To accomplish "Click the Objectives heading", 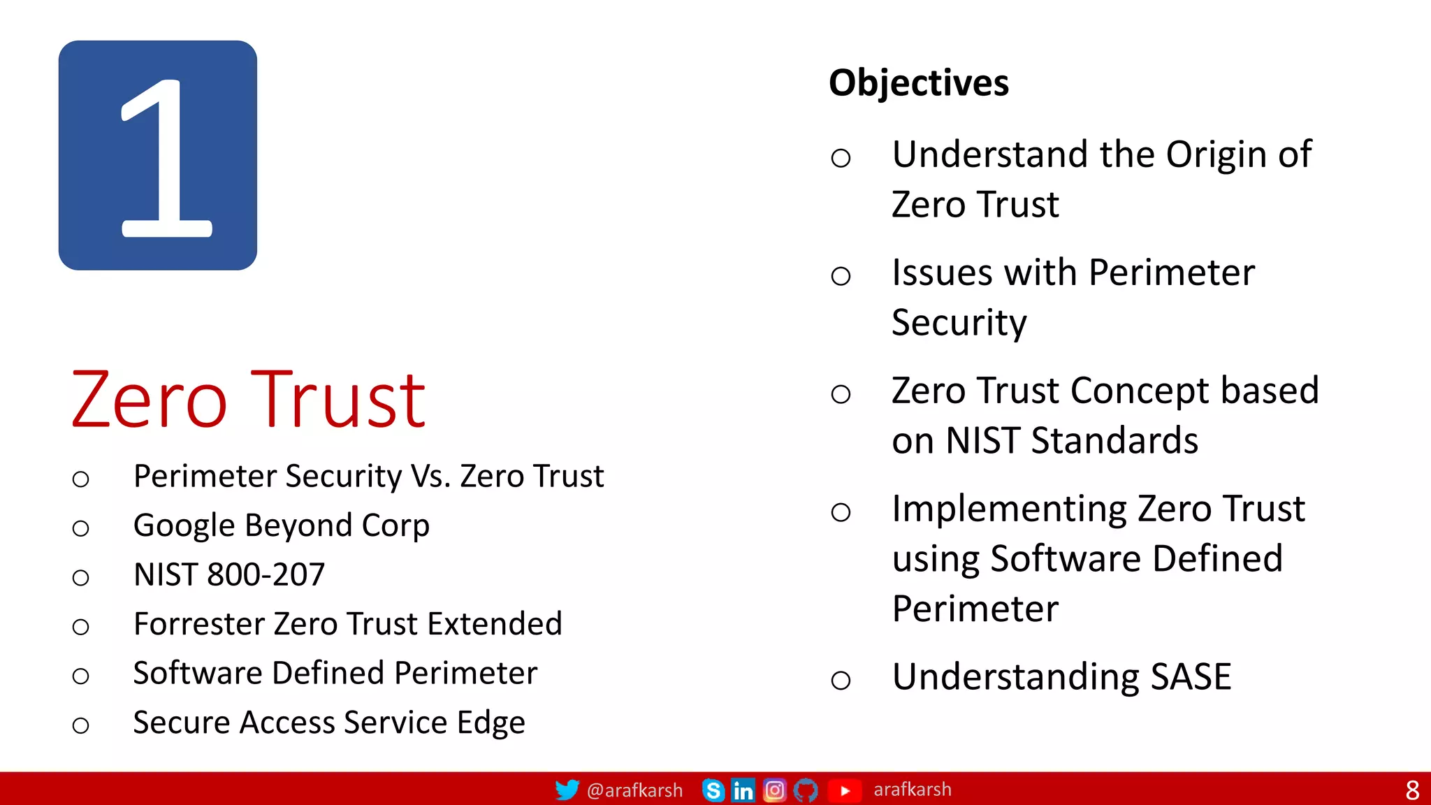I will (x=918, y=83).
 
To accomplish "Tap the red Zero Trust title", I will (x=248, y=400).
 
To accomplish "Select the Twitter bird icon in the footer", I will (x=567, y=790).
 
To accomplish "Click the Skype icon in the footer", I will (x=713, y=790).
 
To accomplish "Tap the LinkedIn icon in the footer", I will (x=743, y=790).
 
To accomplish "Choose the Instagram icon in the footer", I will (x=774, y=790).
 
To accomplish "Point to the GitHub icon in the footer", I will (x=806, y=790).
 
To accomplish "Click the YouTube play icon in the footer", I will (x=845, y=790).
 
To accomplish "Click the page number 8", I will (x=1412, y=790).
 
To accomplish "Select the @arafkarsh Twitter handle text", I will (x=634, y=790).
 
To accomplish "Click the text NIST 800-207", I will (x=229, y=574).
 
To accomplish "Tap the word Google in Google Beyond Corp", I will (x=184, y=525).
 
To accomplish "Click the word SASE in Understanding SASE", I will (x=1191, y=676).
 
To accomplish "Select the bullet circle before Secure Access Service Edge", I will (x=81, y=725).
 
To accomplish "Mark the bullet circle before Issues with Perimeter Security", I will (x=841, y=276).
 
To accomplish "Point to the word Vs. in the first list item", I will (x=430, y=477).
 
